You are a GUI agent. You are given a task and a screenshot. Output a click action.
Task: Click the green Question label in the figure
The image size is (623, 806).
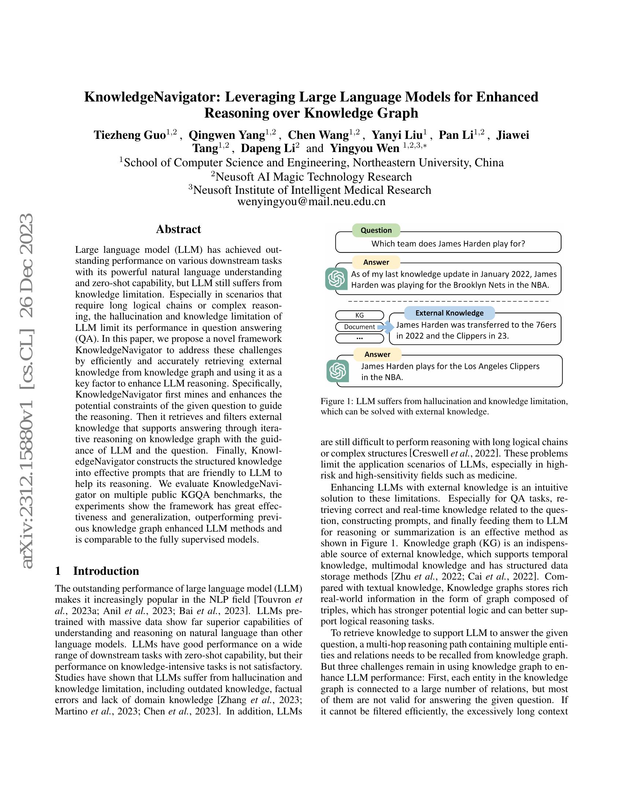pos(376,230)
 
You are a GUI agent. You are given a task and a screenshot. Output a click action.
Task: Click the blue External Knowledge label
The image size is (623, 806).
pos(449,313)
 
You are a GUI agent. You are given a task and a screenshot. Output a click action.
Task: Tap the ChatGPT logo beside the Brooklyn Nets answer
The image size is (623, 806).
pos(336,279)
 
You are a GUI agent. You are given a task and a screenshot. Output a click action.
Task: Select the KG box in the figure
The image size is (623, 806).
pos(360,315)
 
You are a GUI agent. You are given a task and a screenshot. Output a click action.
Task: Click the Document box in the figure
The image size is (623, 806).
pos(359,326)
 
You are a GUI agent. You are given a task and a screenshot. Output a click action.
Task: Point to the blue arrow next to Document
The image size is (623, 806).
pos(386,327)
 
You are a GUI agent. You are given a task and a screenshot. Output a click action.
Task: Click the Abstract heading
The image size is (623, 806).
pos(178,229)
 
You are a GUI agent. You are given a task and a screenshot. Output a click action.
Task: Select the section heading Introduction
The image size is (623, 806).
pos(106,570)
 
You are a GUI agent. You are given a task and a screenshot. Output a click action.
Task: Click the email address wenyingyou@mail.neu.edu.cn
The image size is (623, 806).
pos(311,202)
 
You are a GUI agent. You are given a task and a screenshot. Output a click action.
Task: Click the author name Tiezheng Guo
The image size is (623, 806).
pos(129,135)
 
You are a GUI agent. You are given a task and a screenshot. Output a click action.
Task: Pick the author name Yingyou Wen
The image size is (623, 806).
pos(364,148)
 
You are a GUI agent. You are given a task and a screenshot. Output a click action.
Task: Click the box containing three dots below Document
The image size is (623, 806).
pos(360,338)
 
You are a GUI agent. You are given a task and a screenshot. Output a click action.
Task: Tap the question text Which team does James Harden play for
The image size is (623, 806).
pos(448,244)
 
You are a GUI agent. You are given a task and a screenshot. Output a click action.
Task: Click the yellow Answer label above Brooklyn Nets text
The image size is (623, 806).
pos(376,262)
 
